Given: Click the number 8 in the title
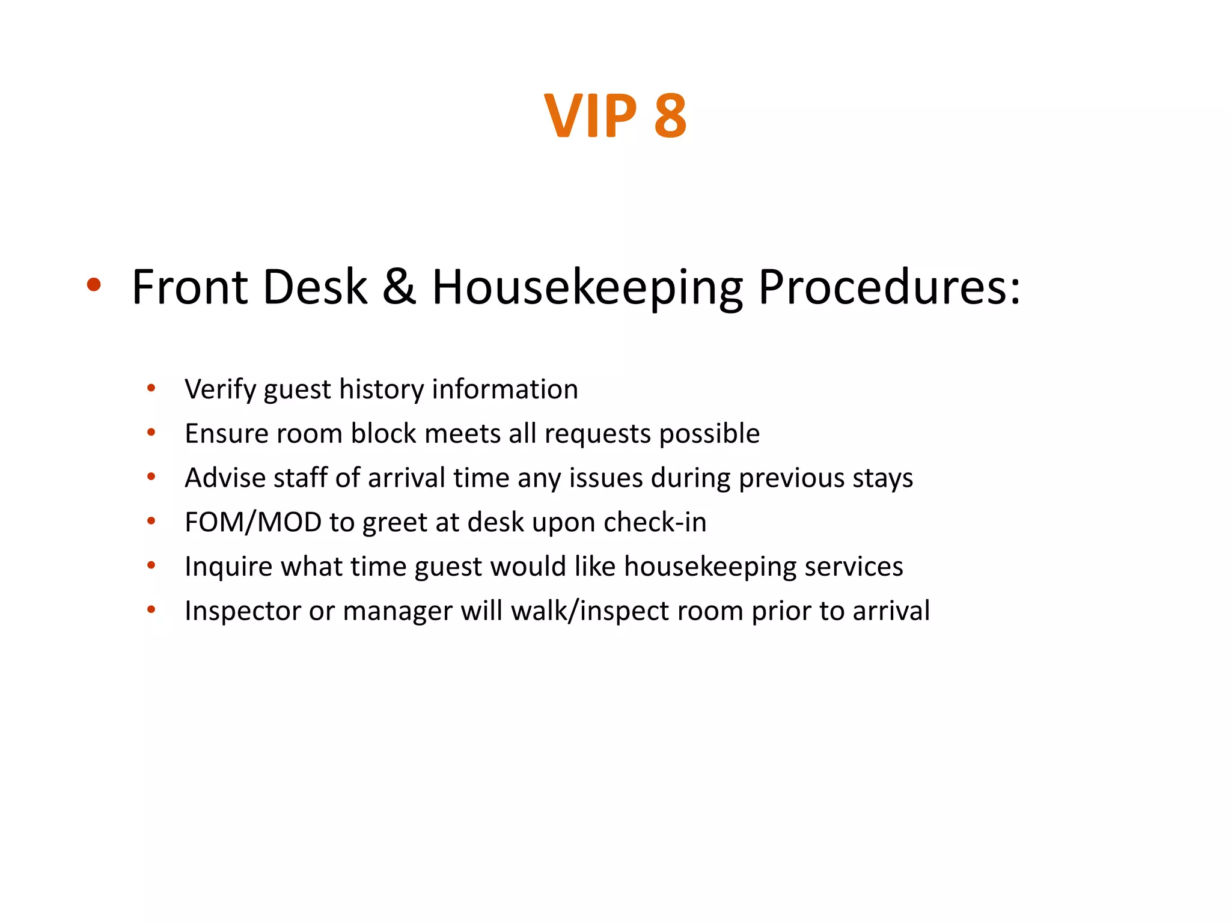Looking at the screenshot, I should (670, 116).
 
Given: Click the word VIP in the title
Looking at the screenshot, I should (590, 116).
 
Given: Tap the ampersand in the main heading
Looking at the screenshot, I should (399, 287).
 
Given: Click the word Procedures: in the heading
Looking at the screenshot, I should (889, 287).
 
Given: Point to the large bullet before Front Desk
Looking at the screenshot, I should (93, 285).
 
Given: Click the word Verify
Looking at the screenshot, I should (220, 389).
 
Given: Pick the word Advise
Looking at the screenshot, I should (225, 478).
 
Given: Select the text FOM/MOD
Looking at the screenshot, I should (252, 522).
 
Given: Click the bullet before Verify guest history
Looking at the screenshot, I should (151, 388).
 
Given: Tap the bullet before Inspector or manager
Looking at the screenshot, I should (151, 610).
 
